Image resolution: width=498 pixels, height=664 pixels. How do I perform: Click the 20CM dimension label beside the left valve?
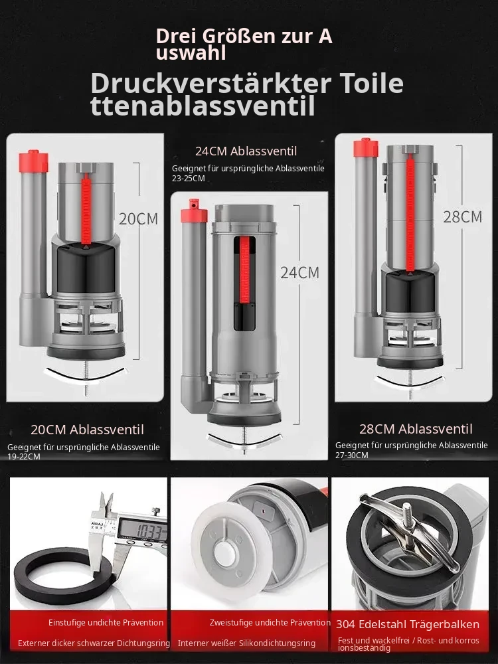pyautogui.click(x=138, y=219)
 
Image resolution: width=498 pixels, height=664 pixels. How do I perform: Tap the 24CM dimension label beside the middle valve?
pyautogui.click(x=300, y=273)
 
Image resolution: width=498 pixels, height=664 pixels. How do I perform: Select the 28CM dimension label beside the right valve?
pyautogui.click(x=462, y=217)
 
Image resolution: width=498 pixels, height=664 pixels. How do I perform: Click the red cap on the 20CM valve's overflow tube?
pyautogui.click(x=33, y=161)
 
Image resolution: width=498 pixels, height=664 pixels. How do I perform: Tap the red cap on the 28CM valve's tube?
pyautogui.click(x=365, y=147)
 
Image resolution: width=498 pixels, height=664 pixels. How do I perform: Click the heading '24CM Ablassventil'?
pyautogui.click(x=246, y=151)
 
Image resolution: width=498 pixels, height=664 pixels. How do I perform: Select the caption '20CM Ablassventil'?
pyautogui.click(x=87, y=430)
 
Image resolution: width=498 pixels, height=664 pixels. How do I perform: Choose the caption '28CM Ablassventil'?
pyautogui.click(x=416, y=429)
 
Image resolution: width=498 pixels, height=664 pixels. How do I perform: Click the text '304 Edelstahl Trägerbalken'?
pyautogui.click(x=408, y=625)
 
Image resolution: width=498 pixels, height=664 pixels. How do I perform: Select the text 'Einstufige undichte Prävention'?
pyautogui.click(x=106, y=623)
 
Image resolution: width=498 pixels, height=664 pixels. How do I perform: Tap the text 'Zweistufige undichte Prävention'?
pyautogui.click(x=270, y=623)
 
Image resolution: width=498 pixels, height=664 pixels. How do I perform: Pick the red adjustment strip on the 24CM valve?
pyautogui.click(x=245, y=270)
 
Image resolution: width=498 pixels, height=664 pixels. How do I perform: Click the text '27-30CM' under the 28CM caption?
pyautogui.click(x=352, y=456)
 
